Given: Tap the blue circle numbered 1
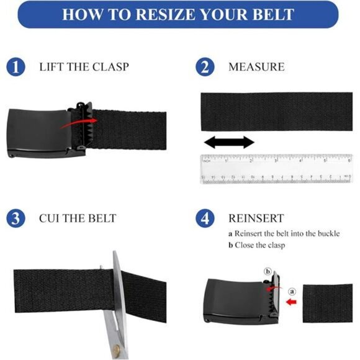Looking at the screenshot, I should tap(16, 66).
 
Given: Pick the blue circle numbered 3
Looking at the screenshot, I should tap(16, 218).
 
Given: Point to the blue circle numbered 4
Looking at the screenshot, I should tap(205, 218).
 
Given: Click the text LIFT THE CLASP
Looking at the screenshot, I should tap(84, 66).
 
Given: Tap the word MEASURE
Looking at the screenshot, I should tap(256, 66).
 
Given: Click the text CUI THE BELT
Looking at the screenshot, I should tap(78, 218).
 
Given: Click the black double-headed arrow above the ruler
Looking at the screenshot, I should tap(229, 143).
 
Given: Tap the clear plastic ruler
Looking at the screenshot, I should tap(276, 169).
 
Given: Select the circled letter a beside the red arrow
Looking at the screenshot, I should tap(292, 290).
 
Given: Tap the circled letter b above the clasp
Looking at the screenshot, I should tap(268, 271).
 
